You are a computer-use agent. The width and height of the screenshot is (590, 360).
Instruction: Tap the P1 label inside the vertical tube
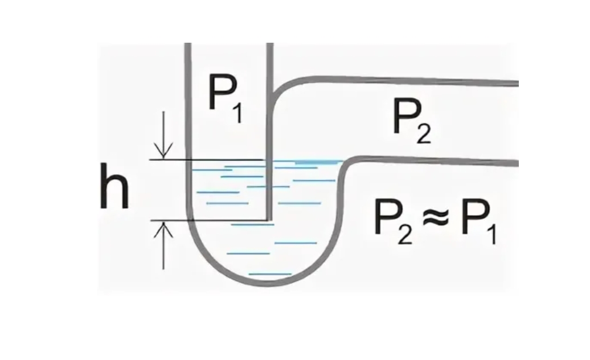click(226, 95)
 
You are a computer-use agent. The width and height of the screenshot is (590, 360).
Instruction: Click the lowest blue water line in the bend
click(270, 274)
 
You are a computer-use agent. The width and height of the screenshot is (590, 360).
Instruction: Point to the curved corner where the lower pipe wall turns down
click(348, 165)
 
